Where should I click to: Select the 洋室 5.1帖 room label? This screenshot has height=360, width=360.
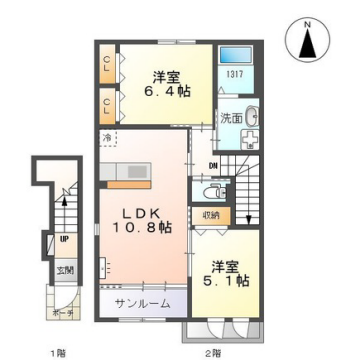[225, 274]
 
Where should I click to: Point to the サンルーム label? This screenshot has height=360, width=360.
[141, 302]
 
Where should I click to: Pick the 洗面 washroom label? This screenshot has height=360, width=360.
[231, 118]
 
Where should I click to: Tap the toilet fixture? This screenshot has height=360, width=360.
[213, 191]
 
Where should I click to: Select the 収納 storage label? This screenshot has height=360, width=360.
[210, 214]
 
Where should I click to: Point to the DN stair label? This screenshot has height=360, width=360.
[213, 166]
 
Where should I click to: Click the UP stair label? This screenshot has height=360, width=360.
[65, 240]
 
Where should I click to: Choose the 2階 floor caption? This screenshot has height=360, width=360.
[212, 352]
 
